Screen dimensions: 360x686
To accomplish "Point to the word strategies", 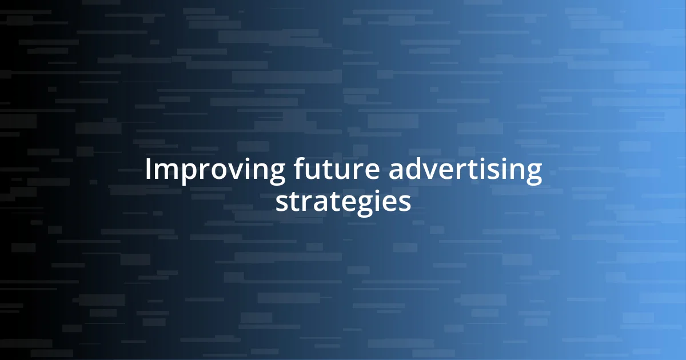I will click(x=343, y=202).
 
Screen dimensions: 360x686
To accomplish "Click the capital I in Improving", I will click(x=149, y=170).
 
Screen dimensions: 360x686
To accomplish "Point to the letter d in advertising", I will click(x=413, y=170).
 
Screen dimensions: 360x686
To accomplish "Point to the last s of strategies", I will click(x=404, y=203).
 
